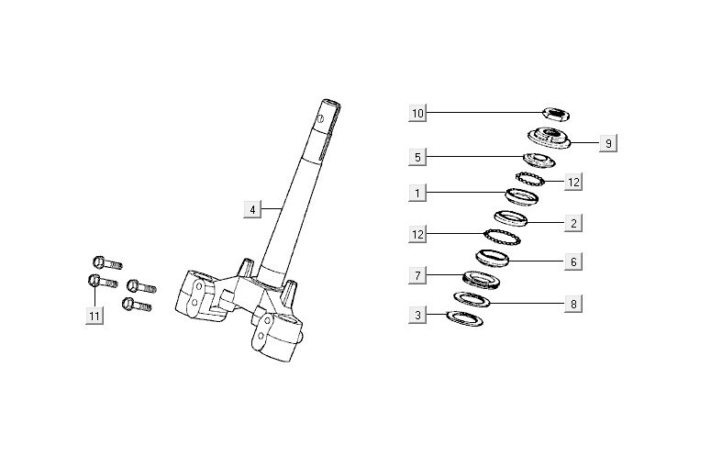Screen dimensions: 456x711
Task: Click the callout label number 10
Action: point(418,113)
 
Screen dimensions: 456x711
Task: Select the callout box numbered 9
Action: point(607,143)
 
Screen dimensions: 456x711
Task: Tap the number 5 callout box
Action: point(418,157)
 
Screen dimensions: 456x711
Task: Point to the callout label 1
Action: point(418,193)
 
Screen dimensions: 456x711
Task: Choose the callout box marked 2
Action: point(572,222)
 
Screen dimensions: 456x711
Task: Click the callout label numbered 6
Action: point(572,261)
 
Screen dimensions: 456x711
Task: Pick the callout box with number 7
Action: point(418,274)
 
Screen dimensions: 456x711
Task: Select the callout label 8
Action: point(572,303)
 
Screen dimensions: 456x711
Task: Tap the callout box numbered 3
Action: point(418,316)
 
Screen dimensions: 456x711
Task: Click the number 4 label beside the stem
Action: point(252,209)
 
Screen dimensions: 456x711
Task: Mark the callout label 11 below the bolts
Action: point(94,316)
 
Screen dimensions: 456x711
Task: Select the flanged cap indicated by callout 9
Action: point(553,139)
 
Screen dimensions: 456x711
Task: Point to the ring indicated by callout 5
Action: point(539,161)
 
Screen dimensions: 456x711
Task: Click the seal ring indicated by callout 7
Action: point(478,276)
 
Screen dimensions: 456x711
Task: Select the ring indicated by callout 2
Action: point(511,218)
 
